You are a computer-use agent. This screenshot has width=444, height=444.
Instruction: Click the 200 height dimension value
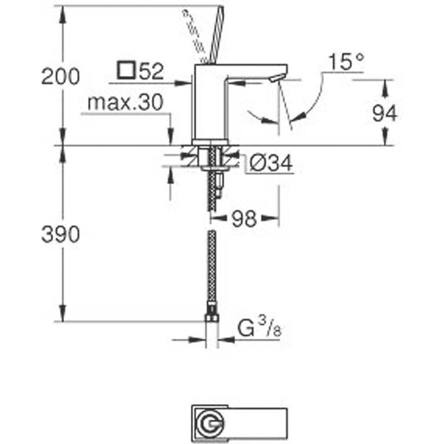point(60,76)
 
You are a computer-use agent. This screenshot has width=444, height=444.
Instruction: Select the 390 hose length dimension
point(60,234)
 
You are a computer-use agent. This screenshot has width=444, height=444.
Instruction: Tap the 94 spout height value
point(385,114)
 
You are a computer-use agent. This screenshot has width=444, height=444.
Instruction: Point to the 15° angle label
point(345,63)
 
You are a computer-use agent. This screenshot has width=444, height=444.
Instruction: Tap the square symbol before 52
point(127,71)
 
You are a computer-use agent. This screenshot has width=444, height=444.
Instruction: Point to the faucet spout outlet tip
point(277,79)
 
